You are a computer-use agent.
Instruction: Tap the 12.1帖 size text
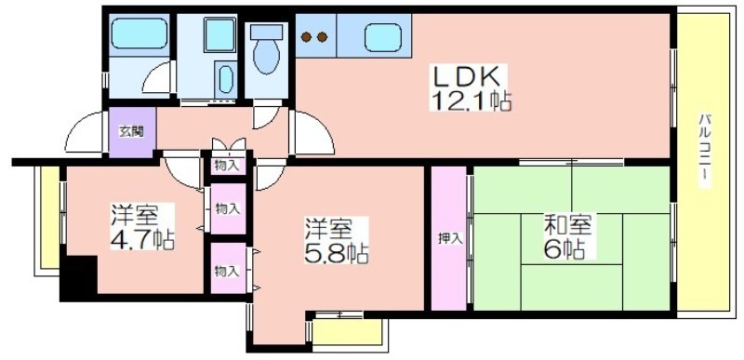click(x=471, y=100)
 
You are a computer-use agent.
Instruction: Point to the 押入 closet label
click(x=449, y=239)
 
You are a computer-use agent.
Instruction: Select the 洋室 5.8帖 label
click(x=336, y=241)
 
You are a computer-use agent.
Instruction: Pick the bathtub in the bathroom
click(x=140, y=33)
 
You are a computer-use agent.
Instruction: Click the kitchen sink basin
click(x=382, y=37)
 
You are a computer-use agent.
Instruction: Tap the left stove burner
click(x=307, y=36)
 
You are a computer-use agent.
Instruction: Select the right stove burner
click(x=322, y=36)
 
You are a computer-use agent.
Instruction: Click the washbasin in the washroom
click(x=226, y=78)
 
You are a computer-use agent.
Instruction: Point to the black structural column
click(x=78, y=278)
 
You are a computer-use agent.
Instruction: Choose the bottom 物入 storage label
click(x=226, y=272)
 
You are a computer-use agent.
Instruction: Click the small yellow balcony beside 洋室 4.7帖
click(x=49, y=218)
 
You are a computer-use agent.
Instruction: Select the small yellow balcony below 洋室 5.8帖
click(x=348, y=331)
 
